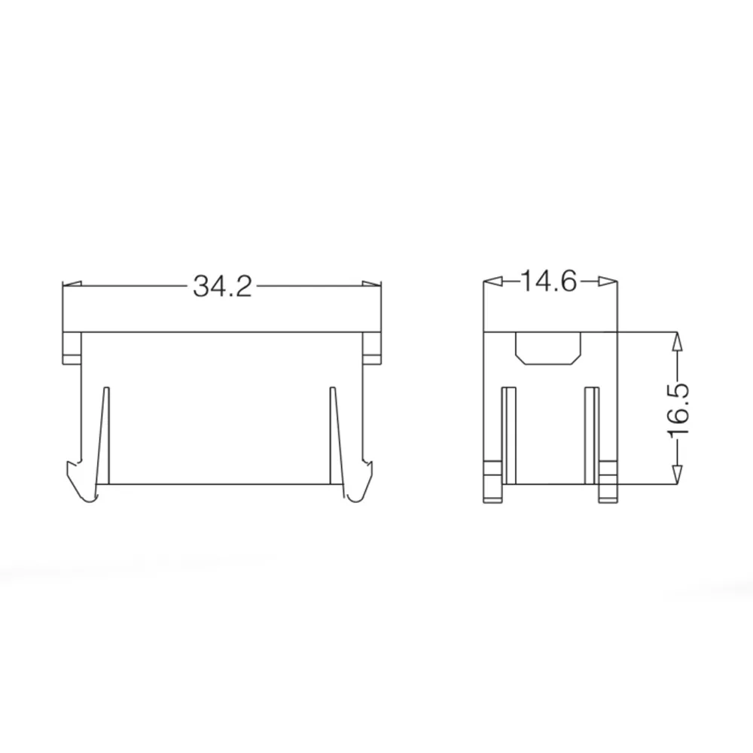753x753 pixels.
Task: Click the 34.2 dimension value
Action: (222, 287)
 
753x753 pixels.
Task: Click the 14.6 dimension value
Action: (548, 282)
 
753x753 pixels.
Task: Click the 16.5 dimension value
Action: (678, 409)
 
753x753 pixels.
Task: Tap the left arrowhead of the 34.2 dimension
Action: (72, 285)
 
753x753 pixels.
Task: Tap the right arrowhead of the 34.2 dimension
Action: (372, 285)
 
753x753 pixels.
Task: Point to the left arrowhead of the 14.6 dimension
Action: (492, 282)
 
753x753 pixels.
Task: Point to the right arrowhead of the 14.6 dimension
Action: (608, 282)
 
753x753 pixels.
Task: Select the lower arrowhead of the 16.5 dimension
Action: (676, 474)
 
